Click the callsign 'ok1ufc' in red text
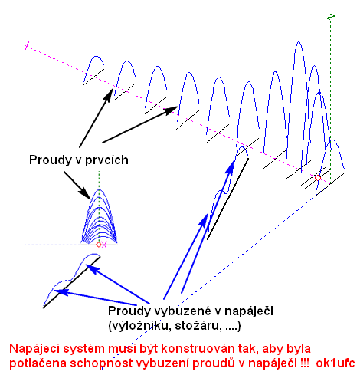(x=335, y=363)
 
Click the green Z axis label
(x=331, y=17)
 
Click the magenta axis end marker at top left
(x=27, y=46)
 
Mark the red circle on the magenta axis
(x=318, y=178)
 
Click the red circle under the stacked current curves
(x=99, y=245)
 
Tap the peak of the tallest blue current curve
(x=299, y=41)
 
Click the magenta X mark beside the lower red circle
(x=103, y=245)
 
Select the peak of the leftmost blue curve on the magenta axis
(x=97, y=56)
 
